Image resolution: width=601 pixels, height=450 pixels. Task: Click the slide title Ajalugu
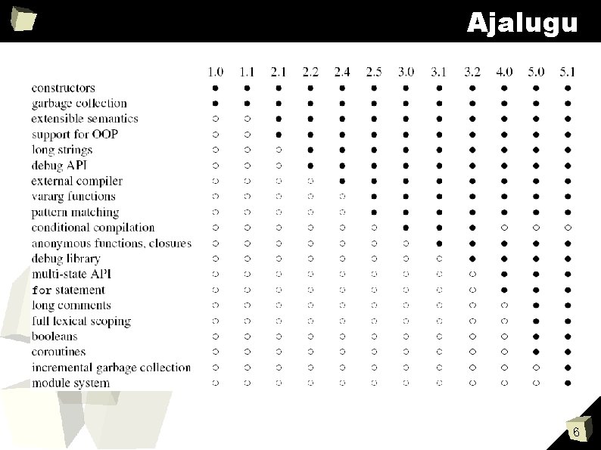click(522, 23)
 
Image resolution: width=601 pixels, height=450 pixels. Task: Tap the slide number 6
click(576, 433)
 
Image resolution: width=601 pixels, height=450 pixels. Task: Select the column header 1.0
click(216, 72)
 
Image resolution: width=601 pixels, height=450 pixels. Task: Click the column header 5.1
click(568, 72)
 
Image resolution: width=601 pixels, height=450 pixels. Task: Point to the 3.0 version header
click(406, 72)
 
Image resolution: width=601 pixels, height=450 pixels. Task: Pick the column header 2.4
click(342, 72)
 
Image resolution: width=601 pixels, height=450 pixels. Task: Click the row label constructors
click(64, 88)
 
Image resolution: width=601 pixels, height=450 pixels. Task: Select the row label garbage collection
click(79, 103)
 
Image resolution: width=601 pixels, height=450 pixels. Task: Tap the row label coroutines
click(59, 352)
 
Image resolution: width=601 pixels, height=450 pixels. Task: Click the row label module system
click(70, 383)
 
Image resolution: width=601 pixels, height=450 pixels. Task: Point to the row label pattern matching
click(75, 213)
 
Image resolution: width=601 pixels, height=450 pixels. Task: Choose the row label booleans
click(54, 336)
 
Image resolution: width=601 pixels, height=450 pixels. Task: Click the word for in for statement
click(42, 290)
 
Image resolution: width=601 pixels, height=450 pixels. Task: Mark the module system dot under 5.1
click(568, 383)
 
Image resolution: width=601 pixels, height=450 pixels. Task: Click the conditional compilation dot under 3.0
click(406, 227)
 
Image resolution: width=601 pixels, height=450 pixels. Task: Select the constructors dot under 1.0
click(216, 88)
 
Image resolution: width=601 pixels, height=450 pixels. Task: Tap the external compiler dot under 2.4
click(342, 181)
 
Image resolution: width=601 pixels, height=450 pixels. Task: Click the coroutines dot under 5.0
click(536, 352)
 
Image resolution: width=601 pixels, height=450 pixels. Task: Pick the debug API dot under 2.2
click(310, 165)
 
